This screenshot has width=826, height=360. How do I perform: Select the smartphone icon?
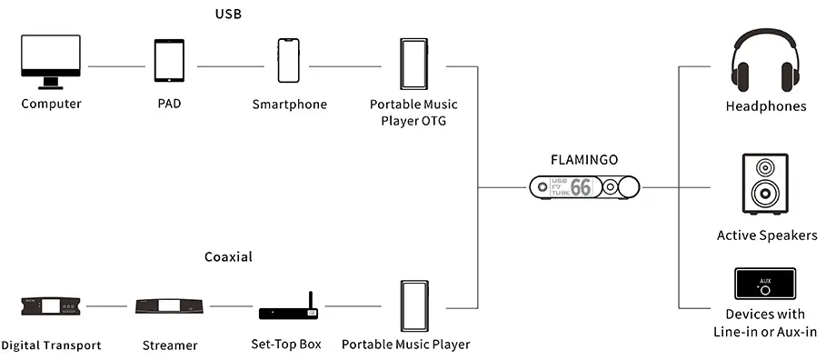pyautogui.click(x=288, y=62)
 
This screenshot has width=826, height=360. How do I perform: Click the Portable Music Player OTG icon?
pyautogui.click(x=413, y=66)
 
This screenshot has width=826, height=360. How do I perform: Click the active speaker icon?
pyautogui.click(x=766, y=187)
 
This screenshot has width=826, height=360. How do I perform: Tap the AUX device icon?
pyautogui.click(x=764, y=285)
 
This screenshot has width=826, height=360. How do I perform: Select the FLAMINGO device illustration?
pyautogui.click(x=586, y=188)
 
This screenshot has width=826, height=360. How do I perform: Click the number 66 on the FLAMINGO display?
pyautogui.click(x=580, y=188)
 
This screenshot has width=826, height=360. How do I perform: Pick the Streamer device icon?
pyautogui.click(x=169, y=306)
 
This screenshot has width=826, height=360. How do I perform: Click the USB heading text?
pyautogui.click(x=228, y=14)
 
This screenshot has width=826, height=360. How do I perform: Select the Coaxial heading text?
pyautogui.click(x=228, y=257)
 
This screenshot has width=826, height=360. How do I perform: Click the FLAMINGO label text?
pyautogui.click(x=584, y=159)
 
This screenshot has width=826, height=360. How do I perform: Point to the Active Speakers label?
pyautogui.click(x=767, y=235)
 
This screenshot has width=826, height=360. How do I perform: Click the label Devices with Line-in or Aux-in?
pyautogui.click(x=767, y=322)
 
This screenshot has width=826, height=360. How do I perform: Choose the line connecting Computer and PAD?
pyautogui.click(x=114, y=66)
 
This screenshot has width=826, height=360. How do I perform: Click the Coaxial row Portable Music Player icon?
pyautogui.click(x=413, y=306)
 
